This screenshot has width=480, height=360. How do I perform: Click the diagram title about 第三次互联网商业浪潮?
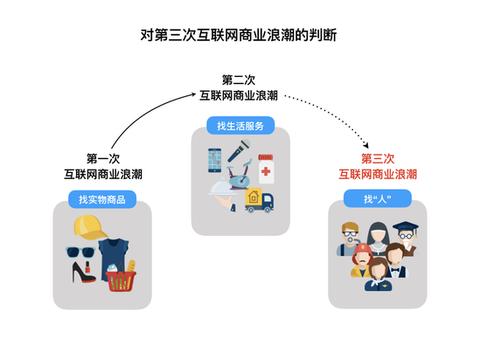239,35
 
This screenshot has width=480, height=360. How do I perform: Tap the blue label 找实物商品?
102,199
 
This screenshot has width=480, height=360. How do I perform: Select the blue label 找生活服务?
240,126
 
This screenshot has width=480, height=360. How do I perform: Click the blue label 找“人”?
378,198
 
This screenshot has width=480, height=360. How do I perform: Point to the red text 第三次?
378,159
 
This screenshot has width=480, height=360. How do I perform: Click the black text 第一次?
103,159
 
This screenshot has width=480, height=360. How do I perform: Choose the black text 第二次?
239,80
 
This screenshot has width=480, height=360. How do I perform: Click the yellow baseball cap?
90,227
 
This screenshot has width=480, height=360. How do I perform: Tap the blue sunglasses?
80,252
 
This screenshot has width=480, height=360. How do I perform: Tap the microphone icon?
239,151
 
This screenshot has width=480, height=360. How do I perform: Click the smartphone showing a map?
215,160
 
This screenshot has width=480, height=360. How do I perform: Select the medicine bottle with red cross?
266,169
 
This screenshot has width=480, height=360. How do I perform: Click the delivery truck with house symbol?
259,200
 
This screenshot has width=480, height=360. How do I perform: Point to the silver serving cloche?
222,187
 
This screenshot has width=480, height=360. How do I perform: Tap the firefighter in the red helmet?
362,260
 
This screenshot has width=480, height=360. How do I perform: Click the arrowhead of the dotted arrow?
365,145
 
